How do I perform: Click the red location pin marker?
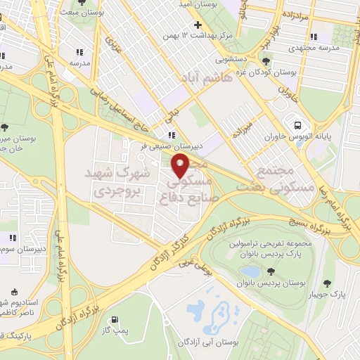pyautogui.click(x=181, y=167)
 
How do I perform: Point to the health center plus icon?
pyautogui.click(x=198, y=25)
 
